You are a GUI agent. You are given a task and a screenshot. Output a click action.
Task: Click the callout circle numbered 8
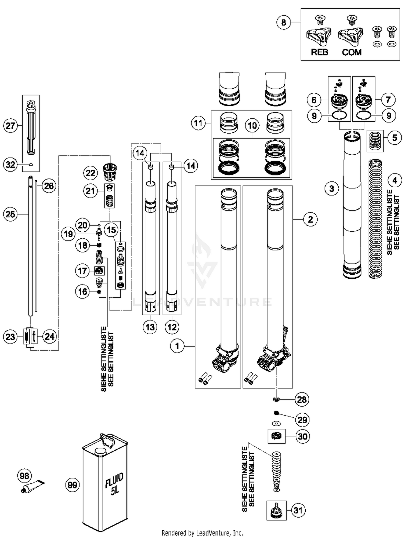(x=283, y=22)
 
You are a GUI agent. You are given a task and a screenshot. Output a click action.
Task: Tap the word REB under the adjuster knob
(x=319, y=52)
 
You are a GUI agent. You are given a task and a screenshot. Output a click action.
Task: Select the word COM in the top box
(x=352, y=52)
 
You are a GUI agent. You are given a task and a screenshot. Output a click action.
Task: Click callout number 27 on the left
(x=10, y=126)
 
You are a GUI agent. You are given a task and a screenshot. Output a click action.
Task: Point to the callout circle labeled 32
(x=10, y=164)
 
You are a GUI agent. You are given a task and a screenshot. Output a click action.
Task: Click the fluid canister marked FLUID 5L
(x=105, y=484)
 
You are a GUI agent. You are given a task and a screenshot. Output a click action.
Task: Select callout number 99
(x=72, y=485)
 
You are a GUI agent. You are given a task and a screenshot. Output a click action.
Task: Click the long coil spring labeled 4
(x=375, y=219)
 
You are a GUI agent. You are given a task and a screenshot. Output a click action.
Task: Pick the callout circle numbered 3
(x=332, y=188)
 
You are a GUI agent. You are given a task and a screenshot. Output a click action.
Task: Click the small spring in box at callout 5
(x=375, y=141)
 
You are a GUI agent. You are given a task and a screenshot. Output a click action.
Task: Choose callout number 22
(x=90, y=173)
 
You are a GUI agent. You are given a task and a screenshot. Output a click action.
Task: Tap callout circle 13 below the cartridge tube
(x=150, y=327)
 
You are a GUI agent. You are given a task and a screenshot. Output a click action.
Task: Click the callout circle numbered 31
(x=298, y=510)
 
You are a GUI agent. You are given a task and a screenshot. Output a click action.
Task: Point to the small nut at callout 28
(x=276, y=399)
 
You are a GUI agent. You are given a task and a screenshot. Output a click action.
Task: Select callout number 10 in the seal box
(x=252, y=125)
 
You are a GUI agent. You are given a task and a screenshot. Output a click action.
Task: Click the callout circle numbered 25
(x=10, y=214)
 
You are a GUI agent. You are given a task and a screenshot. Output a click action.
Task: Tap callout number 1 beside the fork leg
(x=177, y=346)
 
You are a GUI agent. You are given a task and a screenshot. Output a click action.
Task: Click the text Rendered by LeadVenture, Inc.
(x=202, y=533)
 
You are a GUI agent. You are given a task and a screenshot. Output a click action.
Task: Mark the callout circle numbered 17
(x=83, y=271)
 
